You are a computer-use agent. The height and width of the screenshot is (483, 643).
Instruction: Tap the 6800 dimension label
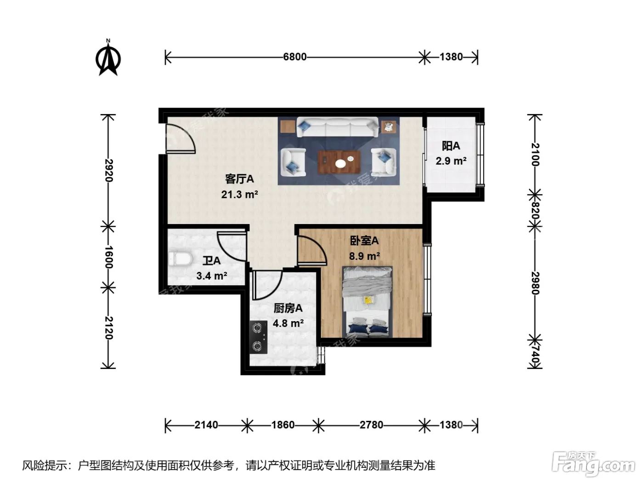click(x=294, y=57)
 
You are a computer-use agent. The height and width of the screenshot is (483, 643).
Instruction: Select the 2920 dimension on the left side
click(x=108, y=170)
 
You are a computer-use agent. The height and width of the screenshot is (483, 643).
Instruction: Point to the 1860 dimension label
click(x=282, y=425)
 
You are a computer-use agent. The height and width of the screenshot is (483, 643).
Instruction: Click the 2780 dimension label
click(x=371, y=425)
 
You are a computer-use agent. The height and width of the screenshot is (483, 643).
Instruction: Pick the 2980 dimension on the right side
click(x=535, y=283)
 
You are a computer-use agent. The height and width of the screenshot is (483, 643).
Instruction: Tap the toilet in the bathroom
click(x=180, y=259)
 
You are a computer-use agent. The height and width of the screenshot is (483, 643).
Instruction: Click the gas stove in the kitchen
click(x=258, y=337)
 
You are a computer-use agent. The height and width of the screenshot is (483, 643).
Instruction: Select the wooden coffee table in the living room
click(x=339, y=162)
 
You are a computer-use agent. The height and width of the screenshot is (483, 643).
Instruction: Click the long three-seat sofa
click(x=337, y=127)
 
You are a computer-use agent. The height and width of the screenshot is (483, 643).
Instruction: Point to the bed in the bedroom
click(x=367, y=302)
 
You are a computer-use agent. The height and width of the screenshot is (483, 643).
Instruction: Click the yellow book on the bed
click(x=368, y=300)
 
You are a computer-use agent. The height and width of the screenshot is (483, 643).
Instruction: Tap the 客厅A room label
click(x=239, y=178)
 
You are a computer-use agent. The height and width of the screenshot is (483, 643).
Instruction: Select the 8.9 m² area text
click(x=364, y=256)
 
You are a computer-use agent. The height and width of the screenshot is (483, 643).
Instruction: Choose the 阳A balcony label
click(x=451, y=146)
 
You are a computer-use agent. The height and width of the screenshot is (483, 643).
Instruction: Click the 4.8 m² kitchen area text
click(x=288, y=323)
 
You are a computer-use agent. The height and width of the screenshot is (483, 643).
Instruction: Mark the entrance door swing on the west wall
click(x=180, y=138)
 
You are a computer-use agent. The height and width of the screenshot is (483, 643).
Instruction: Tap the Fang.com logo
click(x=593, y=464)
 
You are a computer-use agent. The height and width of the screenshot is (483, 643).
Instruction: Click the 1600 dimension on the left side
click(x=108, y=257)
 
